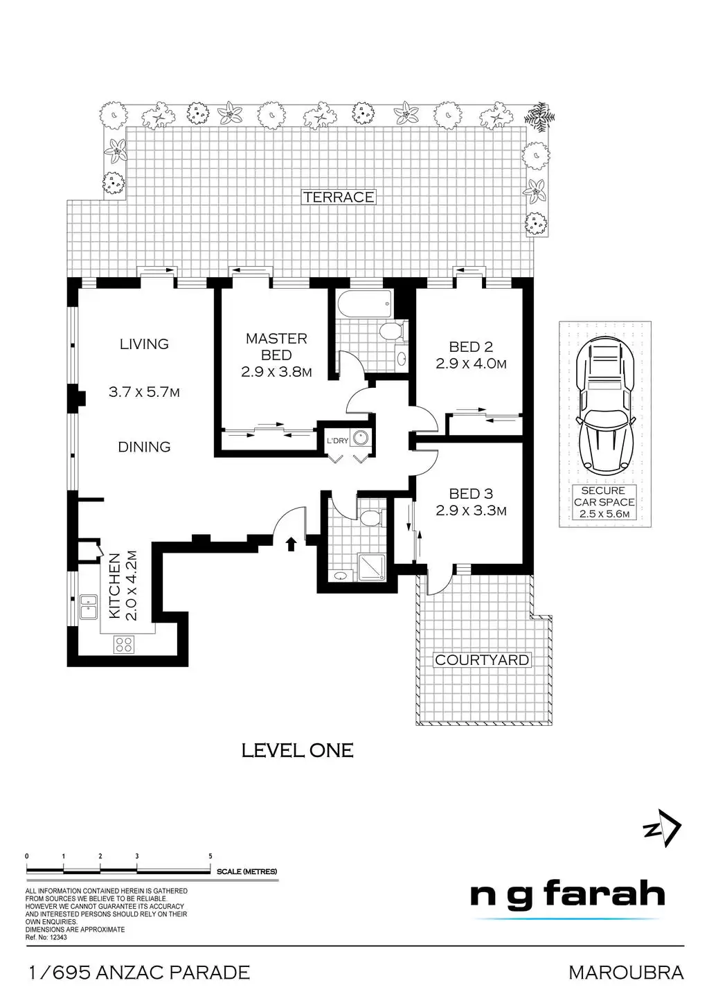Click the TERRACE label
(x=339, y=197)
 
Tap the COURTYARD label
(x=481, y=659)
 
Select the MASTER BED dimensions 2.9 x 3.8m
(x=276, y=372)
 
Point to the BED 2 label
(x=471, y=347)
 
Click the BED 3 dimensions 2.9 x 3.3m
(x=471, y=511)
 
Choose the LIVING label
(x=144, y=344)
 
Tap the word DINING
(x=144, y=447)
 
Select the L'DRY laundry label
(x=337, y=441)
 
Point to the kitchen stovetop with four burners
(x=124, y=644)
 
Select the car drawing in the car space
(x=604, y=405)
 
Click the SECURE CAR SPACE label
(x=604, y=496)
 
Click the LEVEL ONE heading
(x=297, y=750)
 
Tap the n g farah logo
(x=568, y=896)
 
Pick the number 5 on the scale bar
(x=210, y=856)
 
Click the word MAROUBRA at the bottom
(x=626, y=973)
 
